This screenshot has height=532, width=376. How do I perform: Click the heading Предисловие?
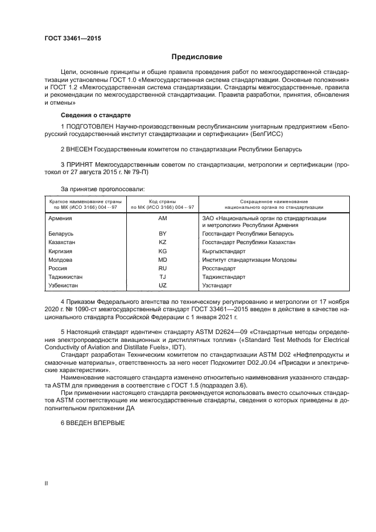[x=197, y=57]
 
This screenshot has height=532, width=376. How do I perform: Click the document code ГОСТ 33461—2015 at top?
[x=73, y=38]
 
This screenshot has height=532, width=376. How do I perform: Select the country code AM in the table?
[x=163, y=218]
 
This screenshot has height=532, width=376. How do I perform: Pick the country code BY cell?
[x=163, y=234]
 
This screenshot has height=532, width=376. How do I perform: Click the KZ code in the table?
[x=163, y=242]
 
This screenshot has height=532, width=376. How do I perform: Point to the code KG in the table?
[x=163, y=251]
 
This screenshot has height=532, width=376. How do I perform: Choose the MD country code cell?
[x=163, y=259]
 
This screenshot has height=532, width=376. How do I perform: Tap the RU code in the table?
[x=163, y=268]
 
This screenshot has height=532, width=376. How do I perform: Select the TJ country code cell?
[x=163, y=277]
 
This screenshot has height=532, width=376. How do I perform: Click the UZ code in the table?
[x=163, y=285]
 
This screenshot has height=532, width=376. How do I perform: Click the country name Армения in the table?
[x=60, y=218]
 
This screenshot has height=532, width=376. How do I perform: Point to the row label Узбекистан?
[x=64, y=285]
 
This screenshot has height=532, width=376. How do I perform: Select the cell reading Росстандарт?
[x=219, y=268]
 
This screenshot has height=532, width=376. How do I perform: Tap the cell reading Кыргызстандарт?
[x=224, y=251]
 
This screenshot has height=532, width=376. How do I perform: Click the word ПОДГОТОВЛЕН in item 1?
[x=91, y=125]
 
